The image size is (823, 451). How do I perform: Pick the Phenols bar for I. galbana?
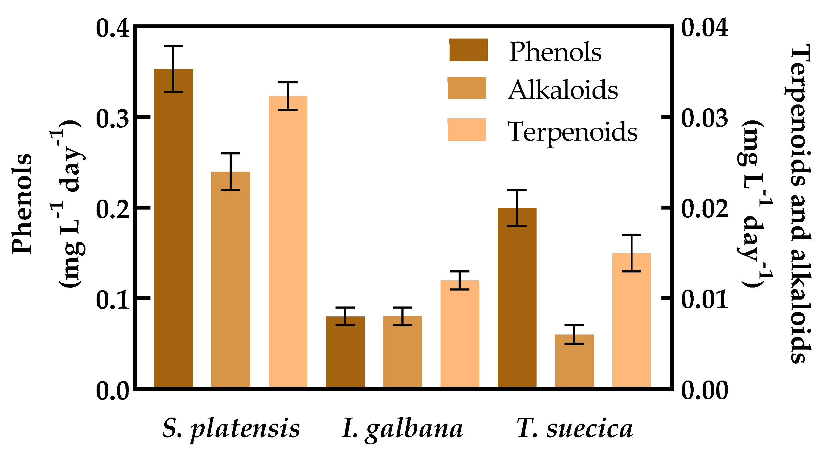coord(345,352)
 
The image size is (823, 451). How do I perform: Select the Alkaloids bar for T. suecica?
coord(574,361)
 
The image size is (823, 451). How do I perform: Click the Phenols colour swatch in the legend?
coord(468,50)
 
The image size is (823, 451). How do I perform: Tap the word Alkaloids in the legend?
coord(563,90)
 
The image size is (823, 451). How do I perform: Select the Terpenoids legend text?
coord(572,131)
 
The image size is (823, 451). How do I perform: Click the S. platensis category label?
coord(231,428)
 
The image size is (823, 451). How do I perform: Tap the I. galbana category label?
coord(402,428)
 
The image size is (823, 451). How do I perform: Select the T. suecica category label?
coord(574,428)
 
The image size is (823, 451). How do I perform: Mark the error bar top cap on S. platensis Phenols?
coord(174,46)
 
